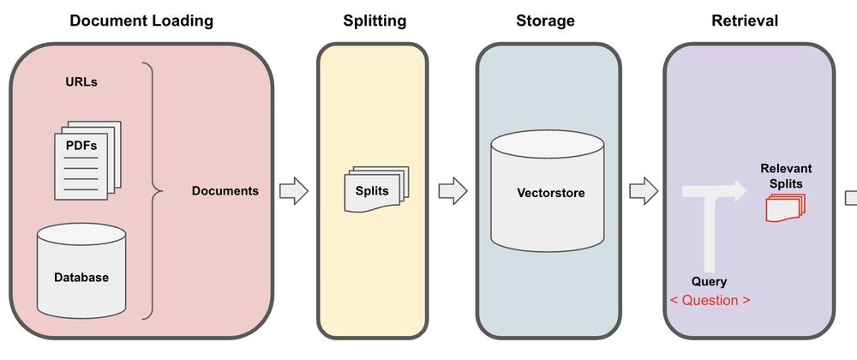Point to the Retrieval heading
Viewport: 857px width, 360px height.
745,20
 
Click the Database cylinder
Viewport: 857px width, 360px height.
81,271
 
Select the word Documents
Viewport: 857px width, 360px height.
225,190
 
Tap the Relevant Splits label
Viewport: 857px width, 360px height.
785,175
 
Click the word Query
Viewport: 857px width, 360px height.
709,281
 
